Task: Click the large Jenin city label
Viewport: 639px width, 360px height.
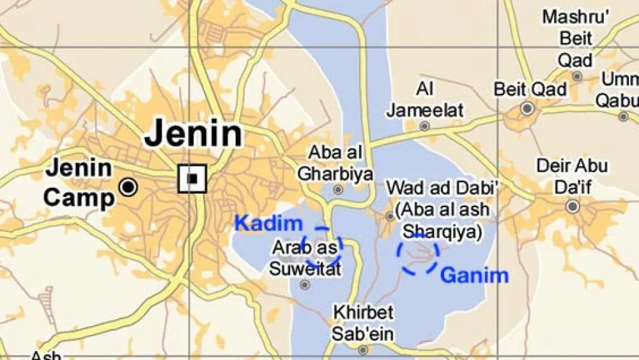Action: (193, 135)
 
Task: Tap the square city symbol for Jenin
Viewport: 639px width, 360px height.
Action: (192, 178)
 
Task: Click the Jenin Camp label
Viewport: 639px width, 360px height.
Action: (79, 184)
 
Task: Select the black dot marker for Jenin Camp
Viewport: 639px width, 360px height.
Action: (129, 187)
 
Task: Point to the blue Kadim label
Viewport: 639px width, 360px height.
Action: (268, 224)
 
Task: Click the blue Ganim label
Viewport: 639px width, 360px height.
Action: (475, 276)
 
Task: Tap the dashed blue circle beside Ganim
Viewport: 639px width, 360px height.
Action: (418, 254)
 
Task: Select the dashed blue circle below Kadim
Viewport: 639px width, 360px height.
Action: (322, 247)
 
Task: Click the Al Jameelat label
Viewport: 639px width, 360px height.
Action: (425, 100)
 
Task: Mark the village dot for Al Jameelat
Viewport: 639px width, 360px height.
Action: (424, 126)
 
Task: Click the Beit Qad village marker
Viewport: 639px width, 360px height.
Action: (527, 109)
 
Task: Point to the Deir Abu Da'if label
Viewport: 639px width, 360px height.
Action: (572, 176)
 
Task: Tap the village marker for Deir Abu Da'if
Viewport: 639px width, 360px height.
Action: (573, 207)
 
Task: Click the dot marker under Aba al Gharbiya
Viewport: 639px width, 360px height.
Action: (338, 189)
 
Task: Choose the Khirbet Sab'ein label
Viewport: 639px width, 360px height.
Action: (363, 323)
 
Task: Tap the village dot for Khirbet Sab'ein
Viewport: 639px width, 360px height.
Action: (363, 350)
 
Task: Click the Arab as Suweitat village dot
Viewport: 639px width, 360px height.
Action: (305, 285)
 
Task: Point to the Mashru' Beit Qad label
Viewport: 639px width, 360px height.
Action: (576, 38)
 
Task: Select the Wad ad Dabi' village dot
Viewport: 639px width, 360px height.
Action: (390, 217)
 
